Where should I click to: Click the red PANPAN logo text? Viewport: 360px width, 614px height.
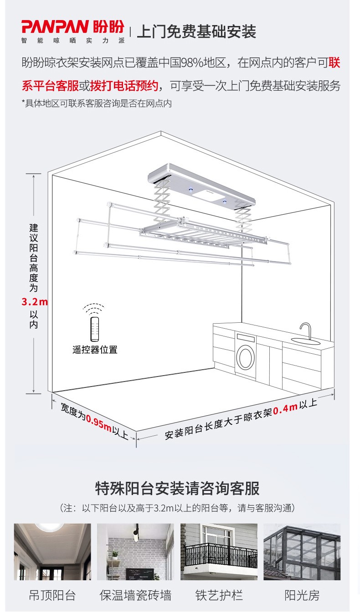coord(55,26)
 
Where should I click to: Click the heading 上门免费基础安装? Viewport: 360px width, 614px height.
coord(196,31)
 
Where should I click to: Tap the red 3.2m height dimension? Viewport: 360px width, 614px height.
coord(35,302)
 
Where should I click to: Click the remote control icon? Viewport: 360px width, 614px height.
coord(94,329)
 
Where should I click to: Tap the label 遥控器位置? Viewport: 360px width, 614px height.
coord(95,350)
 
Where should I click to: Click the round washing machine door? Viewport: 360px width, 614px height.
coord(246,357)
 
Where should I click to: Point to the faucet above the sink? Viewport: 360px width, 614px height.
coord(306,331)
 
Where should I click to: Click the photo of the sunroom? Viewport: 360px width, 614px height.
coord(302,552)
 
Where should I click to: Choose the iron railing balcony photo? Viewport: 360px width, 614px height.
coord(219,552)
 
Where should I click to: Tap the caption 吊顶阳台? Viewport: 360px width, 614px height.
coord(52,595)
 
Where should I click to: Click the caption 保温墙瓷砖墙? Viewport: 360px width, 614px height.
coord(135,595)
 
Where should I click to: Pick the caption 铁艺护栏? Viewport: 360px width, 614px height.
coord(219,595)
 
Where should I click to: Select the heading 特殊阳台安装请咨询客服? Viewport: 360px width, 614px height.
coord(177,488)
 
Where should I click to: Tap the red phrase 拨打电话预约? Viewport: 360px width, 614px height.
coord(124,86)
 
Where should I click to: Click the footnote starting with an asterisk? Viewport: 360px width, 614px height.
coord(97,103)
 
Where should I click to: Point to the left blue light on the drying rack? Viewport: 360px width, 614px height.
coord(190,189)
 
